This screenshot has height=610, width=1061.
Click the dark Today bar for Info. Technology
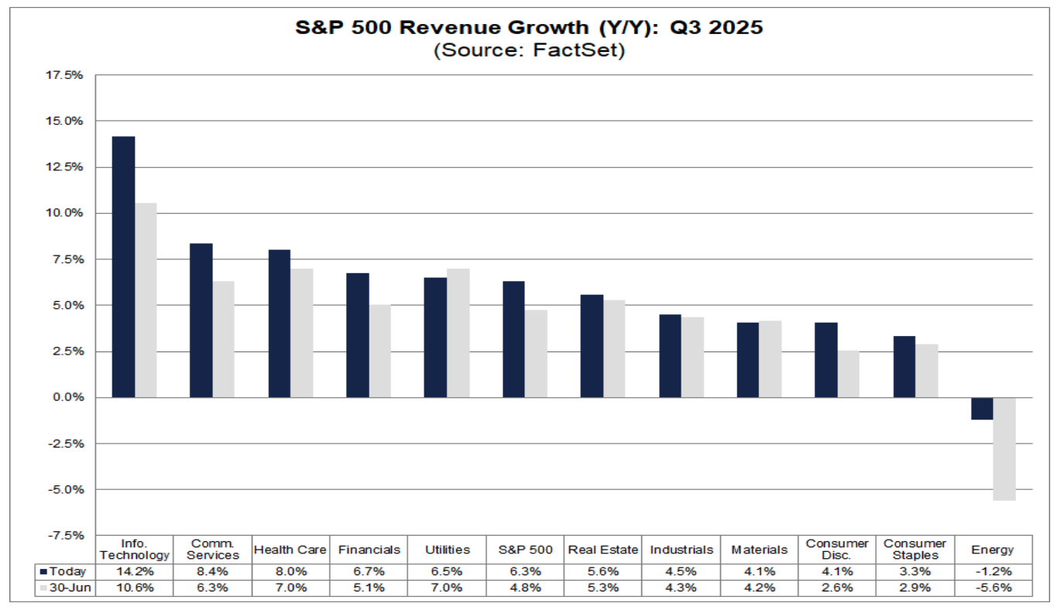123,267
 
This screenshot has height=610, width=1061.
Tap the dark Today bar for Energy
982,409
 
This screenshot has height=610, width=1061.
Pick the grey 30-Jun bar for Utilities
458,333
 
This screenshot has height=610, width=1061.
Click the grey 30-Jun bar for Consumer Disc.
848,374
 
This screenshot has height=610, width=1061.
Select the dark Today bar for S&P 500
513,339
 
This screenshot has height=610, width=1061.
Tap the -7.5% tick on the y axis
67,535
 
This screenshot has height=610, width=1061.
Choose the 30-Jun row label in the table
67,588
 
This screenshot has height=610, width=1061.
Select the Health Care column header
291,550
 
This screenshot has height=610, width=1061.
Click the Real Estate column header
603,550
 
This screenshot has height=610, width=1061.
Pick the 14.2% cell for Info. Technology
135,572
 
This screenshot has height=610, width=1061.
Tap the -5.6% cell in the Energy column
993,588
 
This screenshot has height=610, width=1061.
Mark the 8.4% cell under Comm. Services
213,572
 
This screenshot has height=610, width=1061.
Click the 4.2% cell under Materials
759,588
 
